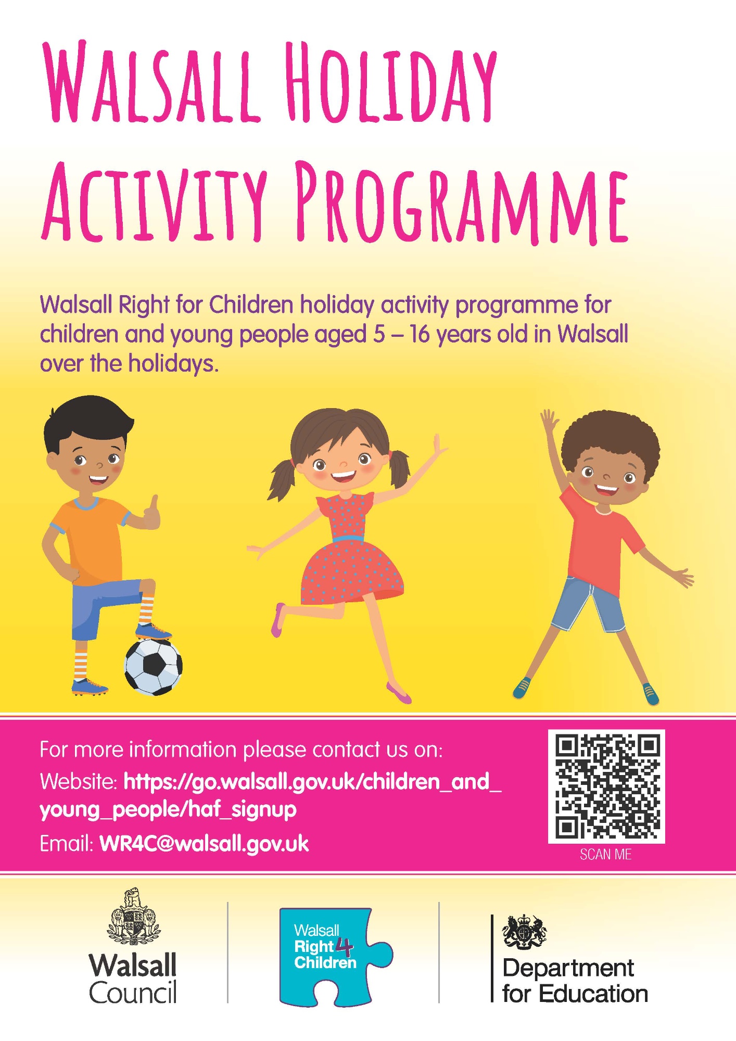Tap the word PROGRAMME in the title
[462, 204]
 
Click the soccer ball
[154, 667]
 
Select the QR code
[607, 786]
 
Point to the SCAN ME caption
[606, 855]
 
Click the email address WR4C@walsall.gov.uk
[205, 844]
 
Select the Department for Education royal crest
[524, 932]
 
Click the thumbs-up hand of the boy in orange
[151, 513]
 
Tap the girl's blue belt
[348, 539]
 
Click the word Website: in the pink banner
[79, 781]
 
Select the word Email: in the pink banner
[67, 844]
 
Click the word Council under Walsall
[133, 993]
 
